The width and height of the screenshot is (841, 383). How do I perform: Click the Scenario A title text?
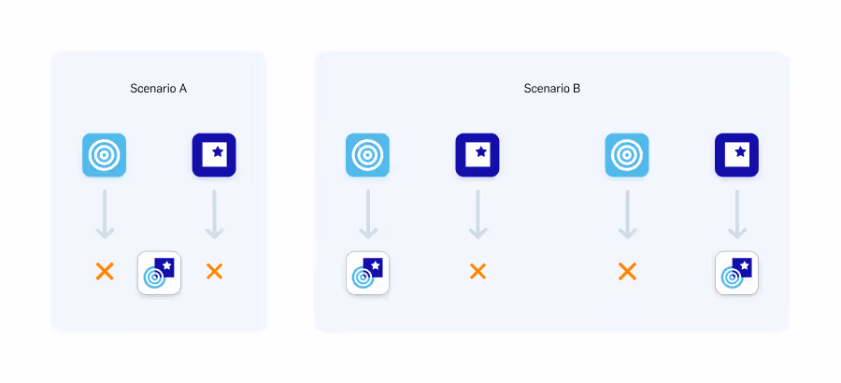coord(159,89)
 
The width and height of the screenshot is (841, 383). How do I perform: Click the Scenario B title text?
coord(552,89)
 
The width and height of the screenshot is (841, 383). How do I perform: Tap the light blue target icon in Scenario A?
coord(104,155)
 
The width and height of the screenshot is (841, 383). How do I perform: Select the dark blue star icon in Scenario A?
coord(214,155)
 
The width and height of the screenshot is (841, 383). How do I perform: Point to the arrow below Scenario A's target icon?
coord(105,215)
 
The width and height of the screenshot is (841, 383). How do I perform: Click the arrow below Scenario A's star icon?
coord(215,215)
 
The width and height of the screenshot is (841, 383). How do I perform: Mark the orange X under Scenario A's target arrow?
coord(105,272)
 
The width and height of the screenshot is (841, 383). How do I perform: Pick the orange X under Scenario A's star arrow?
coord(214,272)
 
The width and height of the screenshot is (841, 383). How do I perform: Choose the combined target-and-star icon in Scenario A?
coord(159,273)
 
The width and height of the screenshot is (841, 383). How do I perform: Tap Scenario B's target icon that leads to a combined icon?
coord(367,155)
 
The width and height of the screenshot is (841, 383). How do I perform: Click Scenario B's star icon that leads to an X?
coord(478,155)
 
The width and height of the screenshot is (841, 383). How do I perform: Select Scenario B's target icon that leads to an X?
coord(627,155)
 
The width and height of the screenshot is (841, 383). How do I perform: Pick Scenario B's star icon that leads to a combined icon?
coord(736,155)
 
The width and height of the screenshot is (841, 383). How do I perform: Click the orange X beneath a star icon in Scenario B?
coord(478,272)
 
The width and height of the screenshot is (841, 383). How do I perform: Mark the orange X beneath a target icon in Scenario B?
coord(627,272)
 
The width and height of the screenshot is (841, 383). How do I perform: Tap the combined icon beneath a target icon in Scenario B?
coord(367,273)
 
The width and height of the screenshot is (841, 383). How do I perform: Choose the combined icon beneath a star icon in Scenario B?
coord(736,273)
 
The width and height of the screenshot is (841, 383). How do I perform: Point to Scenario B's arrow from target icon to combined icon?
coord(368,215)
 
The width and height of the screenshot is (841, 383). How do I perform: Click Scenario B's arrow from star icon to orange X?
coord(478,215)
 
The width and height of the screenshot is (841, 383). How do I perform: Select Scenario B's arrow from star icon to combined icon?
coord(737,215)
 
